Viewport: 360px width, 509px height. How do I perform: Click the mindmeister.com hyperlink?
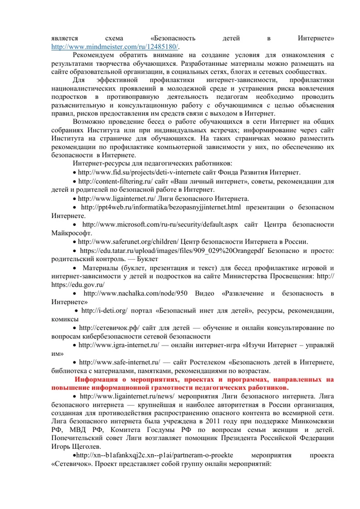93,46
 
